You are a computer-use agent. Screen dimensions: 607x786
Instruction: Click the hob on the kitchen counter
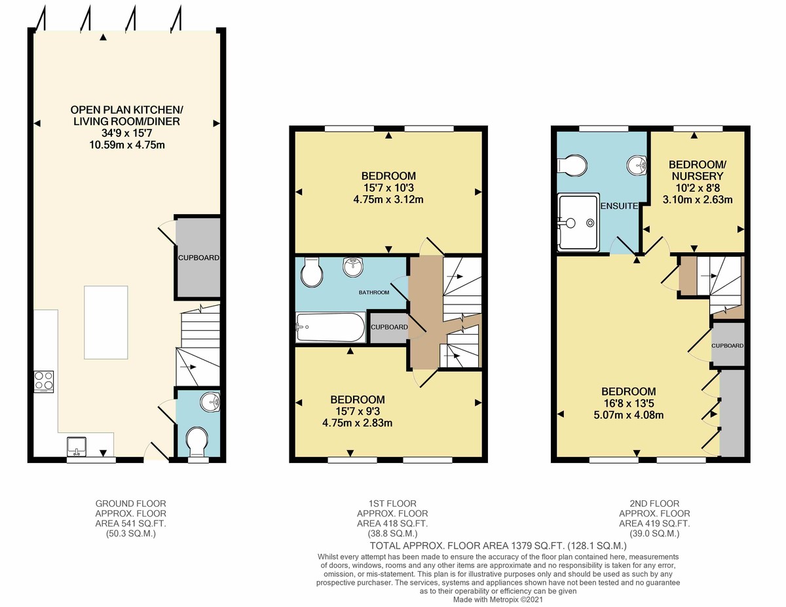click(44, 381)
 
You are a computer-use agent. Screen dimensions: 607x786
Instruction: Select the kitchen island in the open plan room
click(110, 322)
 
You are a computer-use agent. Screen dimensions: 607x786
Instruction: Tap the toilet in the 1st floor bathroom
click(310, 272)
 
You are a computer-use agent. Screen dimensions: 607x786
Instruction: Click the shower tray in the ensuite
click(578, 222)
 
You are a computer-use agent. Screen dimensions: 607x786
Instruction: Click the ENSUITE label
click(619, 206)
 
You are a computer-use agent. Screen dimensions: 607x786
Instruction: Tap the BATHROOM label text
click(374, 292)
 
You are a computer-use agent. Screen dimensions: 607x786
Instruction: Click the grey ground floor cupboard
click(198, 257)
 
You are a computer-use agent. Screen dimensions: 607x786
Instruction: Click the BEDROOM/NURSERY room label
click(696, 170)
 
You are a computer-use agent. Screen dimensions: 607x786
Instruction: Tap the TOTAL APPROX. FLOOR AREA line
click(498, 545)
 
